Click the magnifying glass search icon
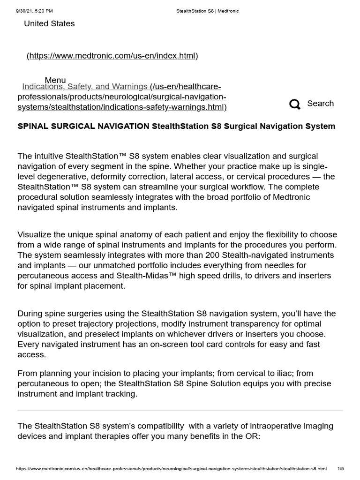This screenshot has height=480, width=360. [295, 104]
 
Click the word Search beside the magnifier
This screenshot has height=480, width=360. [320, 104]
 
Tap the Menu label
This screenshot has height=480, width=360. [55, 80]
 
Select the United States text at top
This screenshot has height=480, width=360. [49, 23]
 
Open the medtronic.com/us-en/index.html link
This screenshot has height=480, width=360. [112, 56]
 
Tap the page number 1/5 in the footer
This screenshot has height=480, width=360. [341, 469]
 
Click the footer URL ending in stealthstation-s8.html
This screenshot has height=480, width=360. [171, 469]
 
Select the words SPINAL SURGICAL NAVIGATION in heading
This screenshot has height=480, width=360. [83, 126]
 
